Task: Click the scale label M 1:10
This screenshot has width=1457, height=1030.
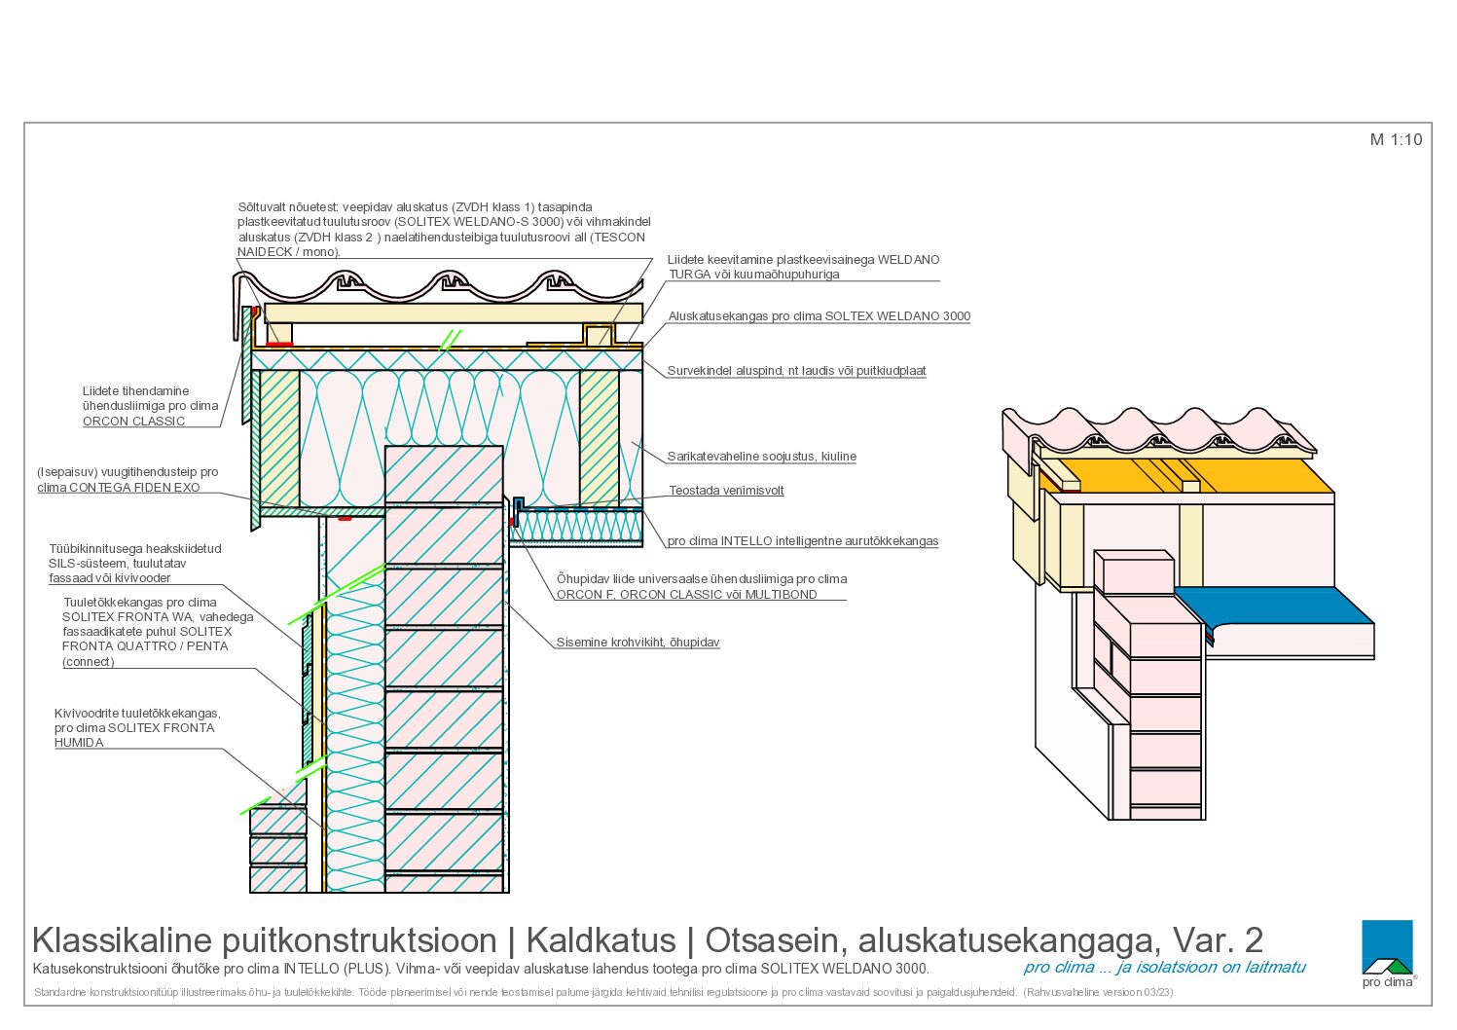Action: point(1396,139)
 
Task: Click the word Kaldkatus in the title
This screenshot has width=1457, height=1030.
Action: point(601,940)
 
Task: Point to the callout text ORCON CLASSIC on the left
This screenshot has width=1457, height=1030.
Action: point(134,421)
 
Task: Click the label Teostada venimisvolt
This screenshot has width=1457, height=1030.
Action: point(726,491)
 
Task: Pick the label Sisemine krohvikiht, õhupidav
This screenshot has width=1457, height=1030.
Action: point(638,643)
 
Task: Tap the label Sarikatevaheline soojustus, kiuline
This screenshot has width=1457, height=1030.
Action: point(762,457)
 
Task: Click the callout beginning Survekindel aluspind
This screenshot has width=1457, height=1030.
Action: point(797,371)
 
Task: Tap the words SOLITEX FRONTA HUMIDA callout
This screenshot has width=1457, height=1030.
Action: point(134,735)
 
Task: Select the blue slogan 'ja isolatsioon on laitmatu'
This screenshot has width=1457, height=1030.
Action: point(1211,967)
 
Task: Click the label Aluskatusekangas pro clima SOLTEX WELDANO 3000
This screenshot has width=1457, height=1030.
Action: point(820,316)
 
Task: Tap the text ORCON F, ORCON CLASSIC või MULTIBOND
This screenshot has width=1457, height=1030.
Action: point(687,594)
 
